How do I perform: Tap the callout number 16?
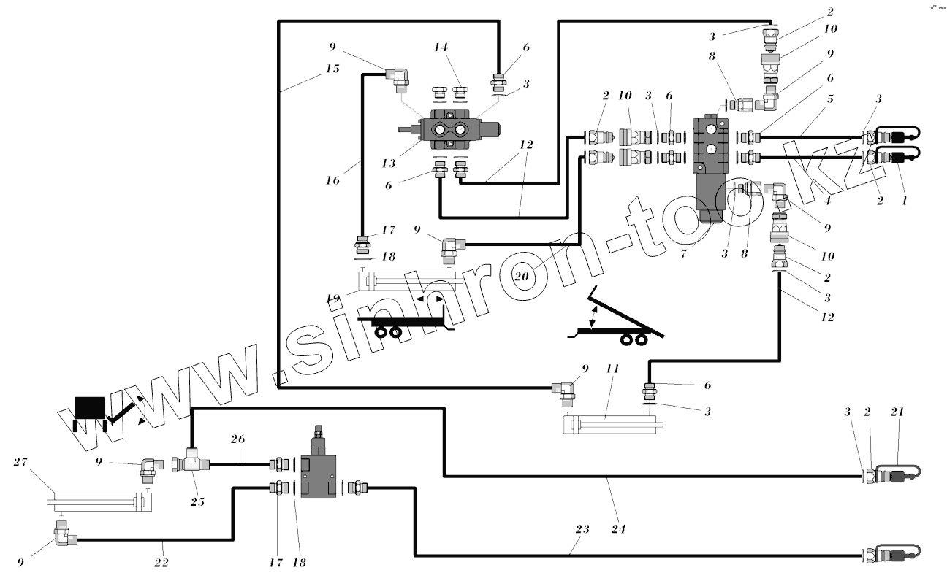333,180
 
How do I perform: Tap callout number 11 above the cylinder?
612,370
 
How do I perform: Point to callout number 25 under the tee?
197,501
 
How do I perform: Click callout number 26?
238,439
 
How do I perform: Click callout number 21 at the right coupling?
898,412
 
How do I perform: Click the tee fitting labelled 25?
191,463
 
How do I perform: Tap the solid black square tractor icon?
90,407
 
